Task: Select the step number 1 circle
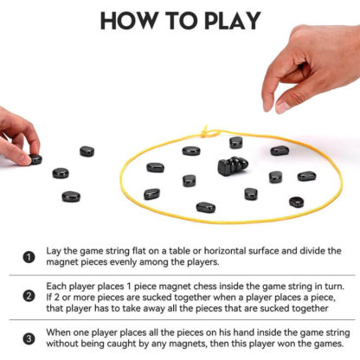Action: tap(29, 257)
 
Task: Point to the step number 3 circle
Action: tap(29, 338)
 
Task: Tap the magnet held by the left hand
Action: tap(35, 159)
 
